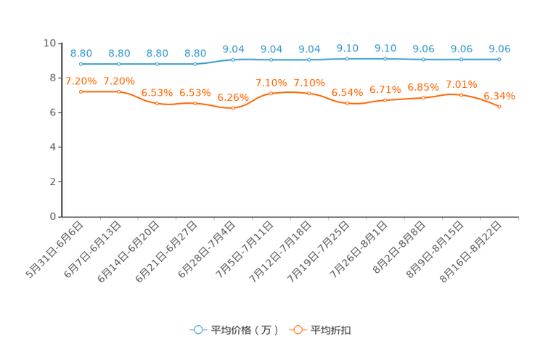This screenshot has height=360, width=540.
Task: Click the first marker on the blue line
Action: [x=81, y=64]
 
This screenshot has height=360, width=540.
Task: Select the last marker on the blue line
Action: [x=499, y=60]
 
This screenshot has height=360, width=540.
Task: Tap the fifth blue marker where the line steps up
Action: [x=233, y=60]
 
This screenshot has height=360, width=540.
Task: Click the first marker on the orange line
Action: [x=81, y=91]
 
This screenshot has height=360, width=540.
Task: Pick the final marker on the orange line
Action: [x=499, y=107]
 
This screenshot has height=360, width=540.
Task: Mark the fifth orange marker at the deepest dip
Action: [x=233, y=109]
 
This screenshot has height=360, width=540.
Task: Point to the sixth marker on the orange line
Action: [x=271, y=93]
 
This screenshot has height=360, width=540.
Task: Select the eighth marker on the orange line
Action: [x=347, y=104]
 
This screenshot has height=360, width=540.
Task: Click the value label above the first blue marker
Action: [x=81, y=53]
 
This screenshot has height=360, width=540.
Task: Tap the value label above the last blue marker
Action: [x=499, y=49]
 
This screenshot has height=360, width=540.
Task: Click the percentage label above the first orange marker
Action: [x=80, y=81]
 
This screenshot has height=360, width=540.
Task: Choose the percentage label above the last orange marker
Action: [x=499, y=96]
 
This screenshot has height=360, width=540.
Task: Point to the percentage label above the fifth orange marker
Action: [x=233, y=97]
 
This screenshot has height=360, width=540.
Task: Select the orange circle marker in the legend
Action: [x=298, y=330]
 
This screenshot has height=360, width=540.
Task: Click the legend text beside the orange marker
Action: [x=332, y=330]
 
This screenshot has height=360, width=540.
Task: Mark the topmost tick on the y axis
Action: [x=60, y=43]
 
